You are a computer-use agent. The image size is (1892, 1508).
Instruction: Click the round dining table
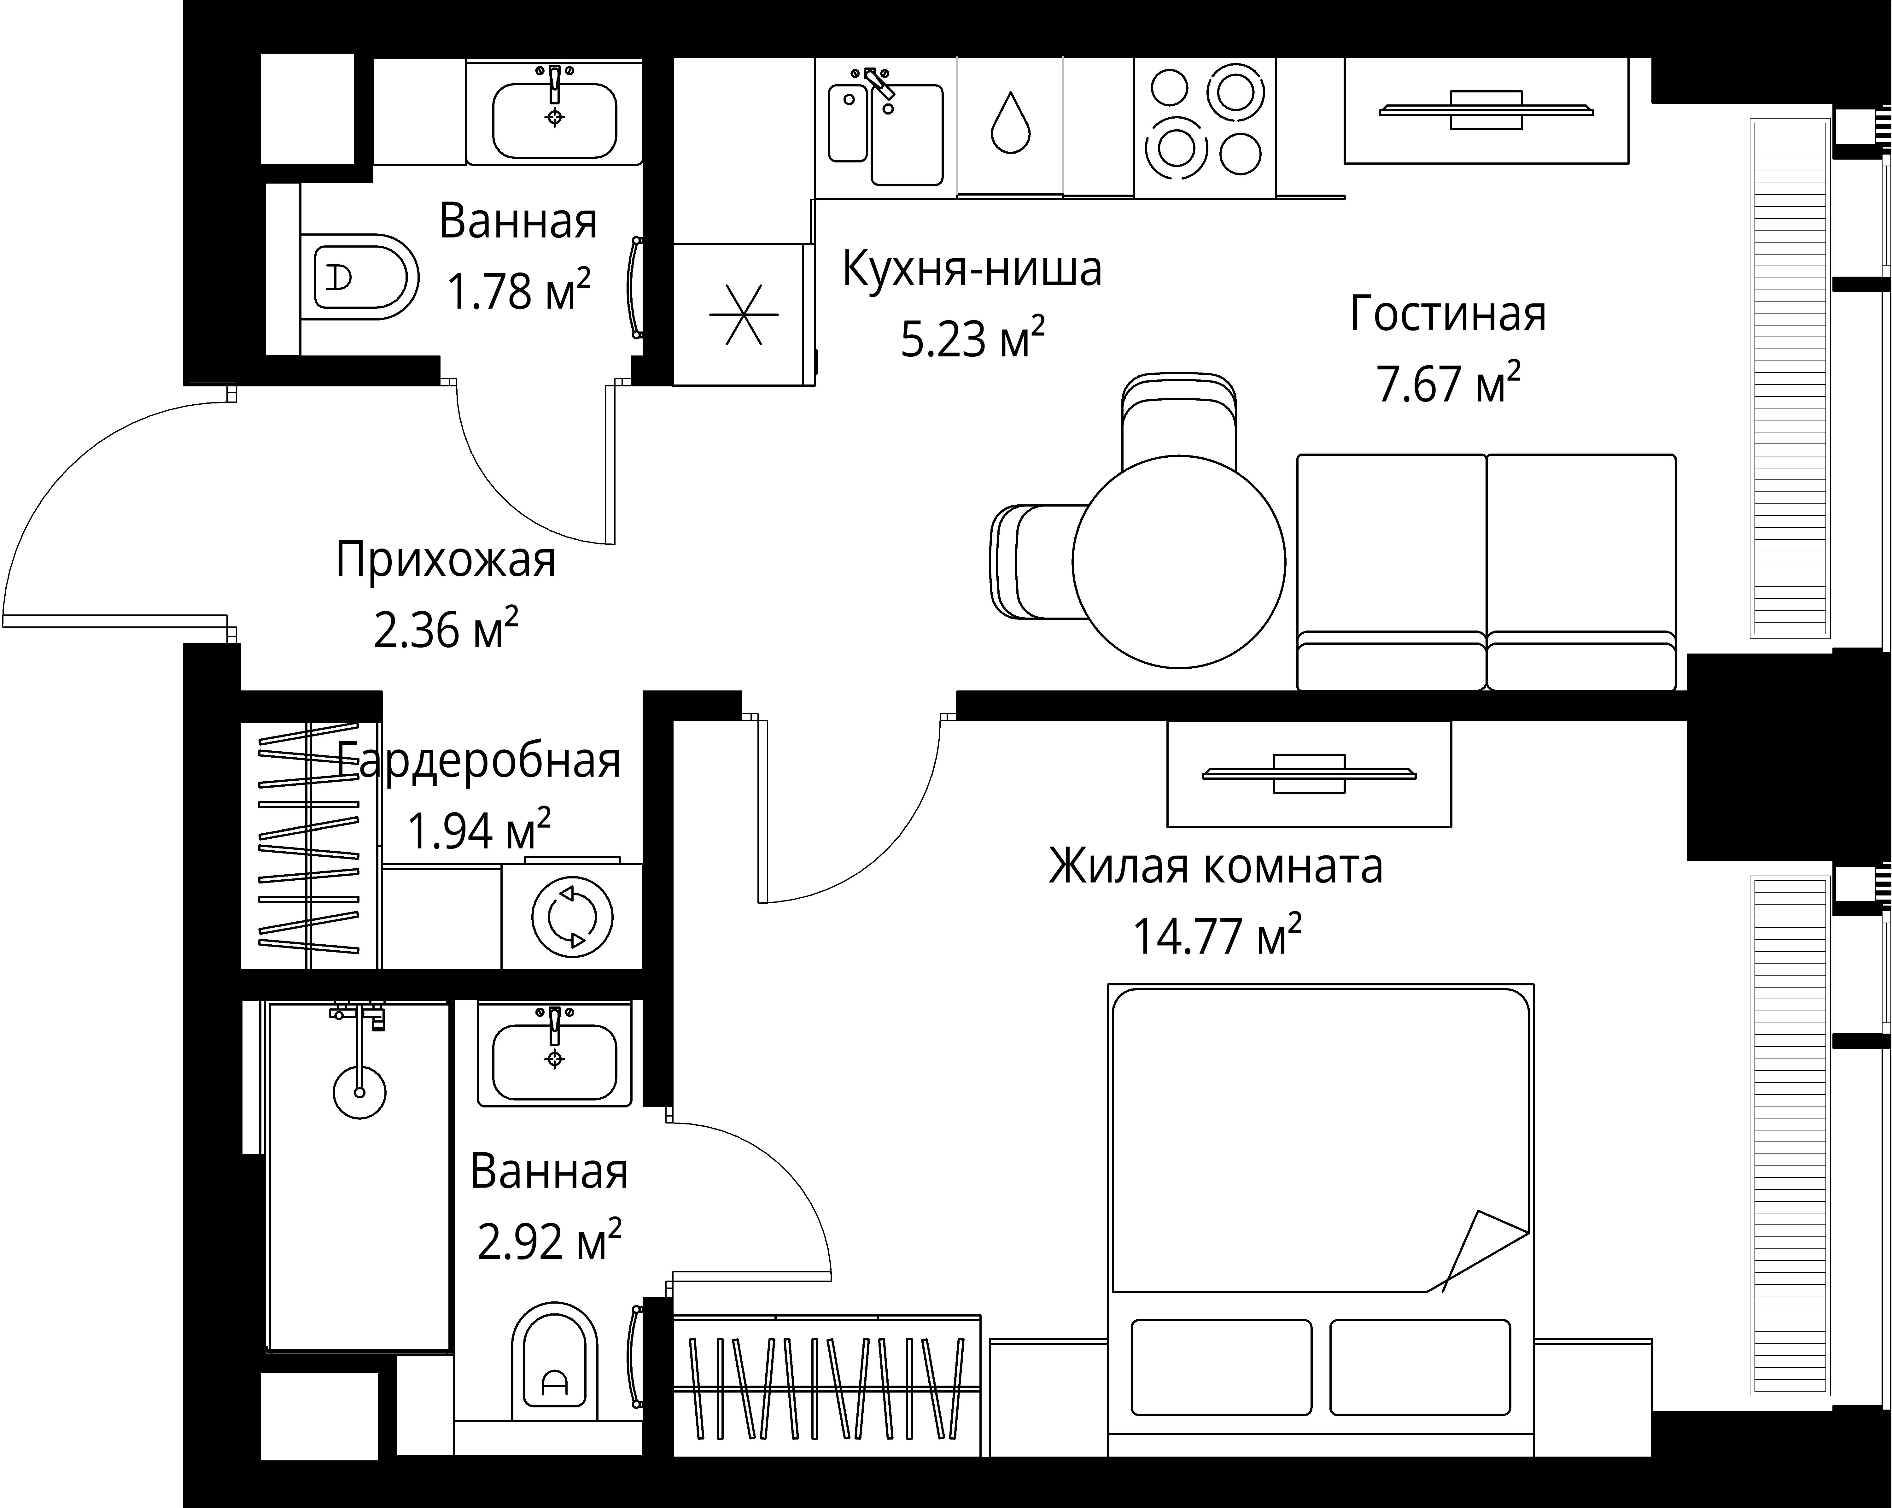[1178, 562]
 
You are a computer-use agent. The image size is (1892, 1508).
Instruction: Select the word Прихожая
[446, 560]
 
